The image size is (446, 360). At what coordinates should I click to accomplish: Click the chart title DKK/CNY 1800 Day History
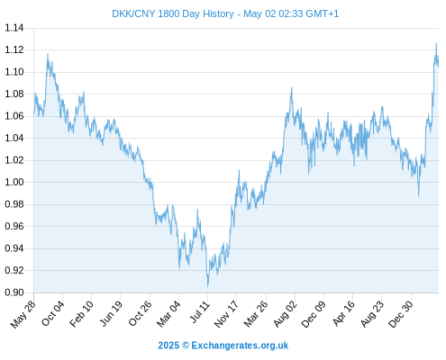173,13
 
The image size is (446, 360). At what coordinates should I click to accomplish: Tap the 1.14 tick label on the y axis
14,28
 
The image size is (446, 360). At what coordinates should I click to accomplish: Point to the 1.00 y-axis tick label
14,182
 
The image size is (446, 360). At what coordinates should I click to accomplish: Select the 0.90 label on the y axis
14,292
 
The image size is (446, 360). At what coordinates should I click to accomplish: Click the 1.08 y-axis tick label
14,94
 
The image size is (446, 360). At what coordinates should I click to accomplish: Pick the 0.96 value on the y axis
14,226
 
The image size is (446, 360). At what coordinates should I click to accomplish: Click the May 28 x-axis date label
23,314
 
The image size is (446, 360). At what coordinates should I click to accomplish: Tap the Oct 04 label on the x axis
52,313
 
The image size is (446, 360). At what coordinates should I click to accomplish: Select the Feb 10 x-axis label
81,313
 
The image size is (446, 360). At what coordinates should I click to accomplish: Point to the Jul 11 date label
199,312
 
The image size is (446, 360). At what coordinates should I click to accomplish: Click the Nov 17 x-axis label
226,314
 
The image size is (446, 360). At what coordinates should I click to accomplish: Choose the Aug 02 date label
286,314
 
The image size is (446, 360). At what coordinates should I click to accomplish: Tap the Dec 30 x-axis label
401,314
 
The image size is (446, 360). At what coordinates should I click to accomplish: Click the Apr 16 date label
343,313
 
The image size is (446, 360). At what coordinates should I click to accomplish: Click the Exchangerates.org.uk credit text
240,346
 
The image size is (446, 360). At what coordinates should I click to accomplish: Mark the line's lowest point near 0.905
207,286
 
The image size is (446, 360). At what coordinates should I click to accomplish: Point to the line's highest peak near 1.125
436,44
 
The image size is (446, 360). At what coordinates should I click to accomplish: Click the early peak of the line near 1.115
48,54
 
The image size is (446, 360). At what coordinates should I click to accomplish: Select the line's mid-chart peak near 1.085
291,87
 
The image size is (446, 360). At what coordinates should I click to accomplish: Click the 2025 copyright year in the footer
168,346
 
